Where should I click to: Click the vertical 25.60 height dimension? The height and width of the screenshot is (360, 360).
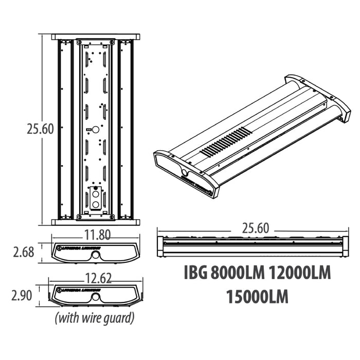coord(40,129)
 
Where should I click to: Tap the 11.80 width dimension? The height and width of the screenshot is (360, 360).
coord(97,235)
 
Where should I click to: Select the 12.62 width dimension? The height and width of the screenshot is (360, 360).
coord(98,278)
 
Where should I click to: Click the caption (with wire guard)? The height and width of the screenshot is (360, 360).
coord(95,318)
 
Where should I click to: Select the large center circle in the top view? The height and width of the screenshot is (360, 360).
coord(95,129)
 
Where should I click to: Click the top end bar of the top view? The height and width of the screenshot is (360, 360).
coord(95,37)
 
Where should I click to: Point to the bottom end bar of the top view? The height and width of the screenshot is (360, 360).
coord(95,222)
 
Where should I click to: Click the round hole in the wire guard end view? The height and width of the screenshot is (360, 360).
coord(96,298)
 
